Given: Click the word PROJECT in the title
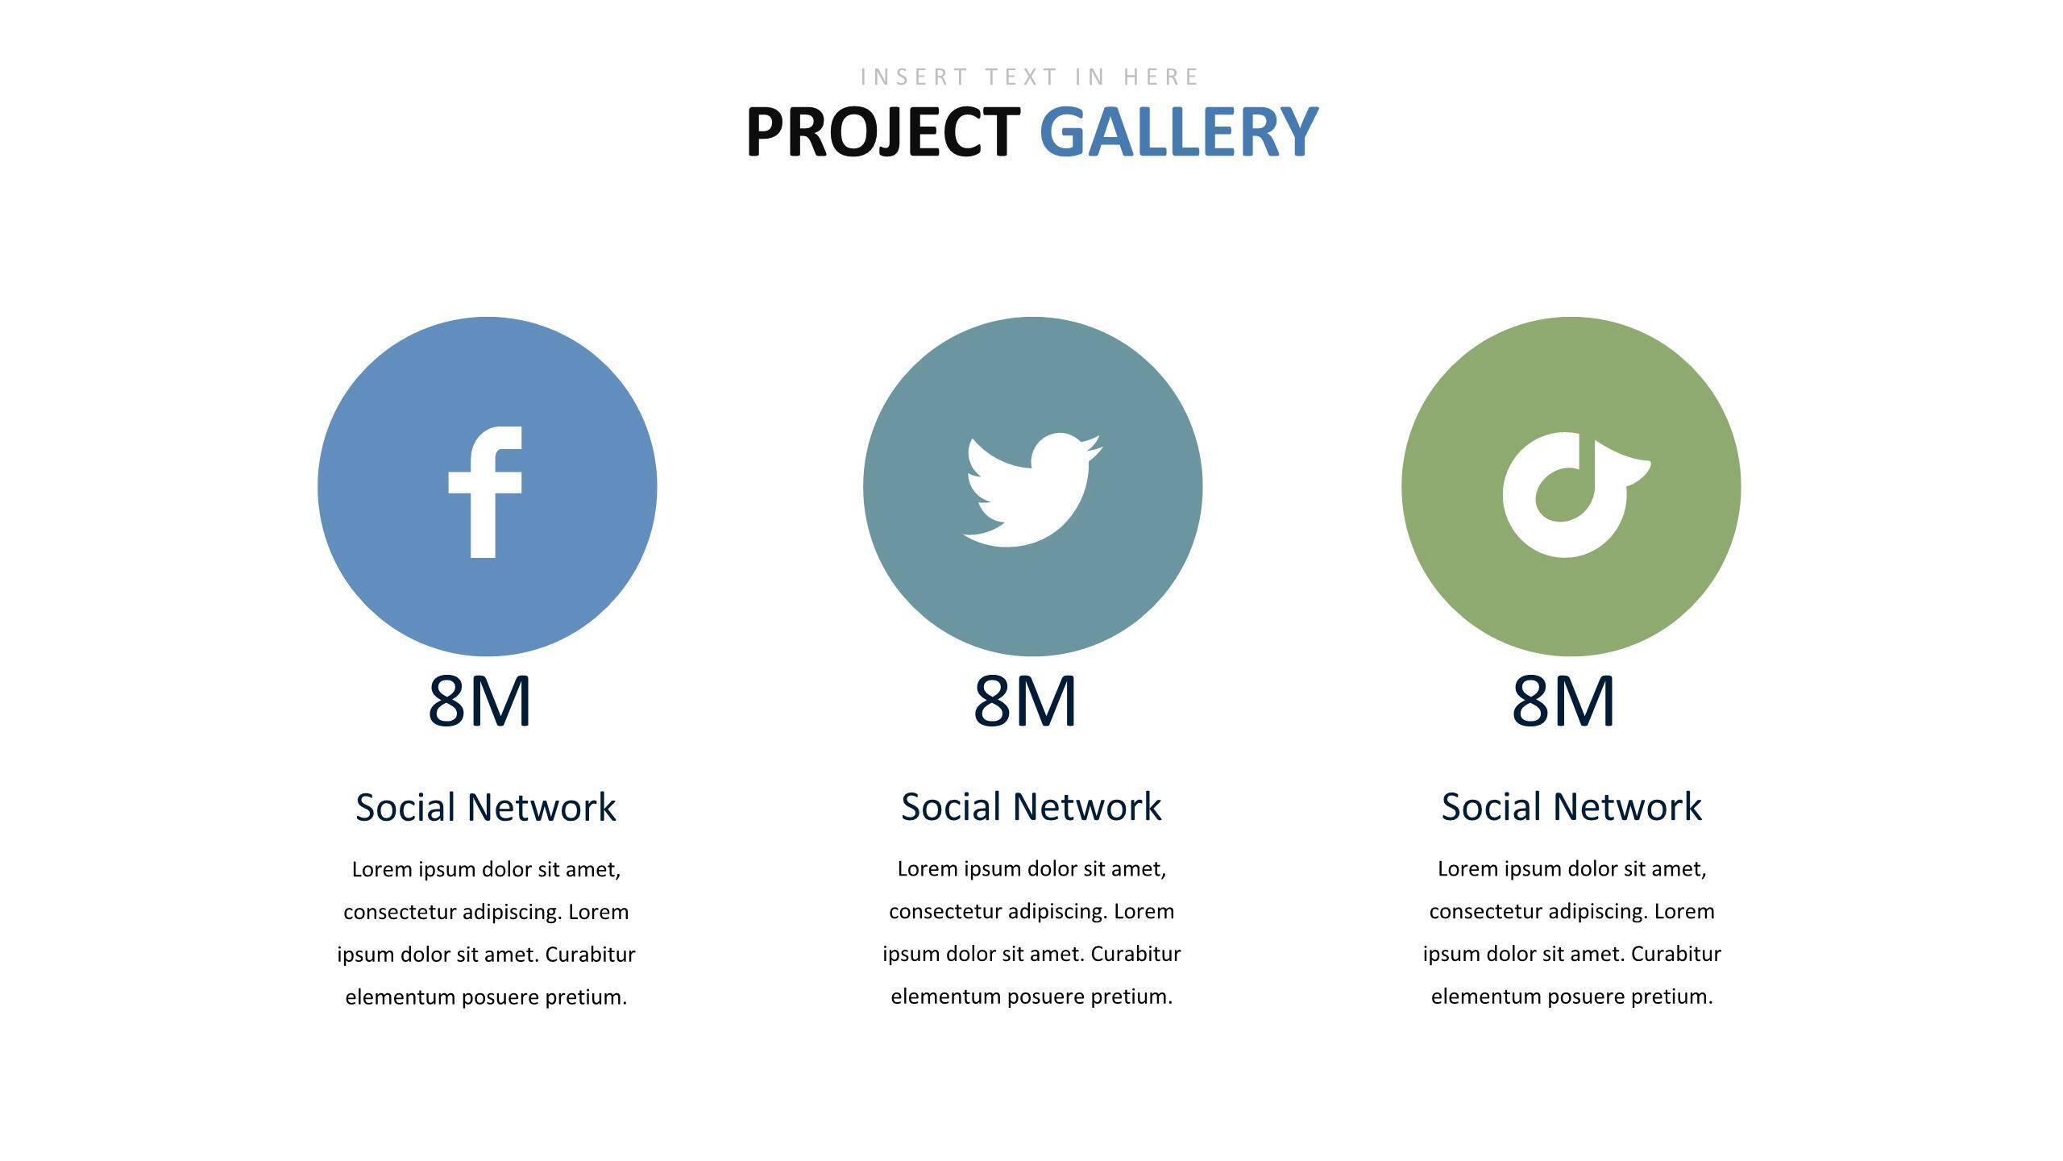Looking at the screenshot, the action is pyautogui.click(x=883, y=131).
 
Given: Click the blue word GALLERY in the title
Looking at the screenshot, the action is pyautogui.click(x=1179, y=131).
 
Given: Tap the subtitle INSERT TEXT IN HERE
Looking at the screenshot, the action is pyautogui.click(x=1031, y=77).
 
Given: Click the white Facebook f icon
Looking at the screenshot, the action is pyautogui.click(x=485, y=492).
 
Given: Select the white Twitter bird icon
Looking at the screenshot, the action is pyautogui.click(x=1032, y=490).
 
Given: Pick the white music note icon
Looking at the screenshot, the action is pyautogui.click(x=1576, y=494).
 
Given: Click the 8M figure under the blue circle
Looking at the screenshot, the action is pyautogui.click(x=479, y=701).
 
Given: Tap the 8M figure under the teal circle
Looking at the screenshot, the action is pyautogui.click(x=1025, y=701).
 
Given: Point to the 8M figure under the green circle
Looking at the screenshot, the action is pyautogui.click(x=1563, y=701).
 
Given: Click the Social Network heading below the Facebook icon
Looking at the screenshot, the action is pyautogui.click(x=486, y=807).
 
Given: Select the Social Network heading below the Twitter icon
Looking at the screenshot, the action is pyautogui.click(x=1031, y=806).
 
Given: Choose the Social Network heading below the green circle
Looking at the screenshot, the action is pyautogui.click(x=1571, y=806).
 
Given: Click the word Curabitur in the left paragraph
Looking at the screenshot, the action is pyautogui.click(x=591, y=955).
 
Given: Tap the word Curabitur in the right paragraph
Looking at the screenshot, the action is pyautogui.click(x=1676, y=954).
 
